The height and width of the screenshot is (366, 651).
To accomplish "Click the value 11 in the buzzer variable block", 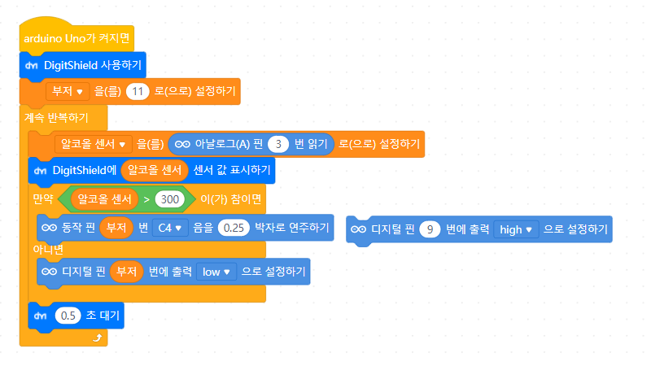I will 136,91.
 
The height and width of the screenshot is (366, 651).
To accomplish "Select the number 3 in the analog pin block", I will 279,144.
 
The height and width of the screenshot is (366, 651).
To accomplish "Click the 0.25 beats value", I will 234,228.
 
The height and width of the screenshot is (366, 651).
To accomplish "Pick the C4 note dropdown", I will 170,228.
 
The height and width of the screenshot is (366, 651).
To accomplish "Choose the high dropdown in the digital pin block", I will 516,229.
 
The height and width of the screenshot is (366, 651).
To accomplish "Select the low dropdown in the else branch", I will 216,270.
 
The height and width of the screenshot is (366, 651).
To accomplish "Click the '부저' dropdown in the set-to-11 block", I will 67,91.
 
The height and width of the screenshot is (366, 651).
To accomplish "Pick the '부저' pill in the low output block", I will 125,270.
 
